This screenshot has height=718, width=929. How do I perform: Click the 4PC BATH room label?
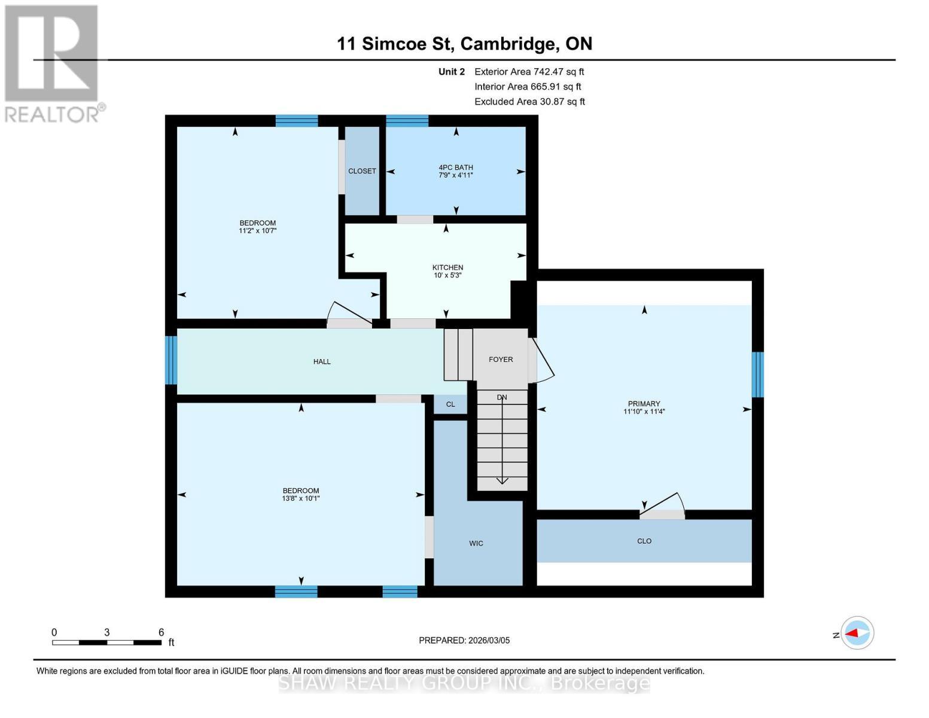(x=455, y=168)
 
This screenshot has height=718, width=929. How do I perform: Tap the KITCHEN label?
(x=447, y=267)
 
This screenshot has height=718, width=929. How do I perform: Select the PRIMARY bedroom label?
(x=644, y=404)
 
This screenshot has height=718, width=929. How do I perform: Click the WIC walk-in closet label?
(x=476, y=543)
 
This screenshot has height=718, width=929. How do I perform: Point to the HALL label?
(x=322, y=361)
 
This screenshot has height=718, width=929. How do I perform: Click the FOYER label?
(x=501, y=360)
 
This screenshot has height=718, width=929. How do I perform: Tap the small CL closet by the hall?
(x=450, y=404)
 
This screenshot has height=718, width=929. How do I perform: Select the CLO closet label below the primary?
(x=644, y=541)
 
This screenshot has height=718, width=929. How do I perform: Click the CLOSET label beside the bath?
(x=362, y=171)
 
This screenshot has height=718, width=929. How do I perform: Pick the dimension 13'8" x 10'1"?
(x=301, y=498)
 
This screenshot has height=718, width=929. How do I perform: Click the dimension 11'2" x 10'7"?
(x=257, y=231)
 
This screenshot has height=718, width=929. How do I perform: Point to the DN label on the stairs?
(x=502, y=397)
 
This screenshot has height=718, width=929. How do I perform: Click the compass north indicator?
(x=857, y=633)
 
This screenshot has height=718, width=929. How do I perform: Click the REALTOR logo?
(x=52, y=63)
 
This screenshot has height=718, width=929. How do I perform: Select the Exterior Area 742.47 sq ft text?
(x=529, y=72)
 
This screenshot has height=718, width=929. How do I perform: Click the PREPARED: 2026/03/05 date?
(x=464, y=640)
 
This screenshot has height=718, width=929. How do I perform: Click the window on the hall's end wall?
(x=171, y=360)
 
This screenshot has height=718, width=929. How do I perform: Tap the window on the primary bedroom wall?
(x=757, y=375)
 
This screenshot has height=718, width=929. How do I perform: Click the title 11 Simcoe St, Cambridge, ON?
(x=464, y=44)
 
